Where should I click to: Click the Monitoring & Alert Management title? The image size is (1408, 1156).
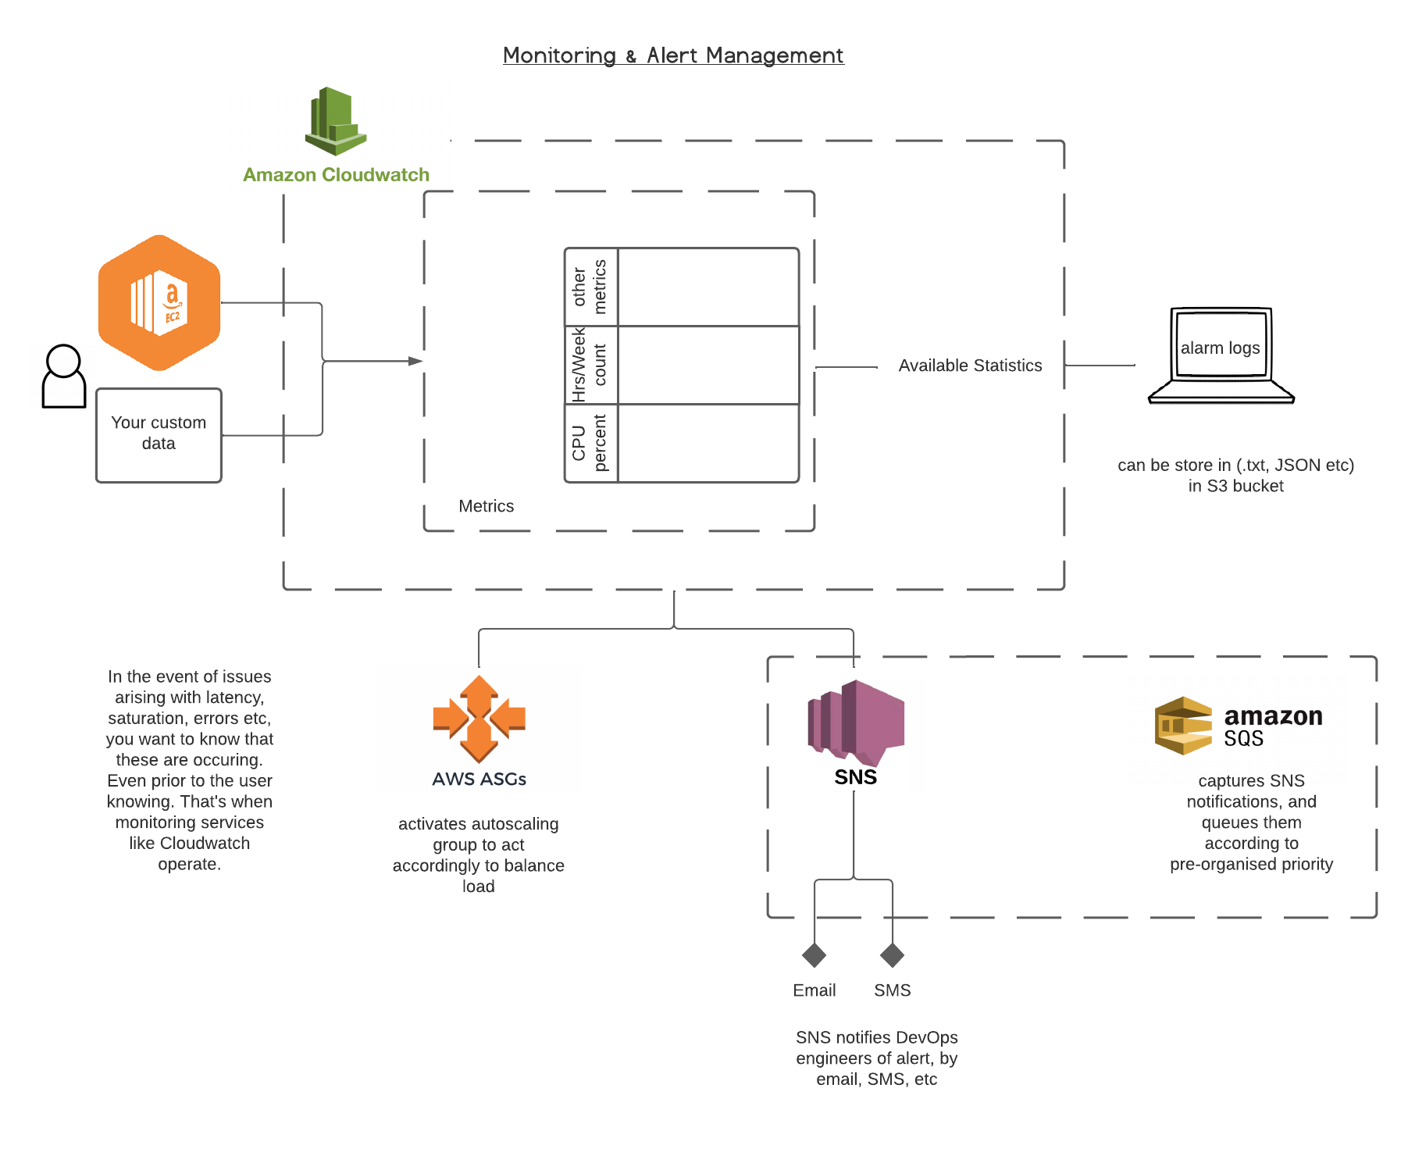pos(673,55)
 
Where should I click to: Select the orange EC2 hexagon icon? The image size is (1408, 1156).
pos(159,302)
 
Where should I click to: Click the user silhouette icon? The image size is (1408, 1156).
pos(63,377)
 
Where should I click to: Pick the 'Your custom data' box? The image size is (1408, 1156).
pos(159,434)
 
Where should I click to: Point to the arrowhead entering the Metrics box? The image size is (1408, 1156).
pos(415,361)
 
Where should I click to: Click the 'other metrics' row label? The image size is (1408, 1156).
pos(590,287)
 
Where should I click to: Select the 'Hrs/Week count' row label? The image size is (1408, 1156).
pos(590,365)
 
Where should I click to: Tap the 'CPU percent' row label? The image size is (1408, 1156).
pos(590,443)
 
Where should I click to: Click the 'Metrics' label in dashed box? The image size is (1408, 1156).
pos(486,506)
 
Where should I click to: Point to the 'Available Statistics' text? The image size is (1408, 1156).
pos(970,366)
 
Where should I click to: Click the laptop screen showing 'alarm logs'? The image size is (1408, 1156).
pos(1220,345)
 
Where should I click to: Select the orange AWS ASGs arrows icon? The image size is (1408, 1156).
pos(479,719)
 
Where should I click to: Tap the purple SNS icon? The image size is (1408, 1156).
pos(856,722)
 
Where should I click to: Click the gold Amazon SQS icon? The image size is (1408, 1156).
pos(1183,725)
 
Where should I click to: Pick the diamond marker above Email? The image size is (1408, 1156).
pos(814,954)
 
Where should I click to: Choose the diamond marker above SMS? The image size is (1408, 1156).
pos(892,954)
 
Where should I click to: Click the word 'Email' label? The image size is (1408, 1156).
pos(814,990)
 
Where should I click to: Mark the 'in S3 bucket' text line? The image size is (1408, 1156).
pos(1235,486)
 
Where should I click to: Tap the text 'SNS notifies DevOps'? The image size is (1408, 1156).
pos(876,1037)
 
